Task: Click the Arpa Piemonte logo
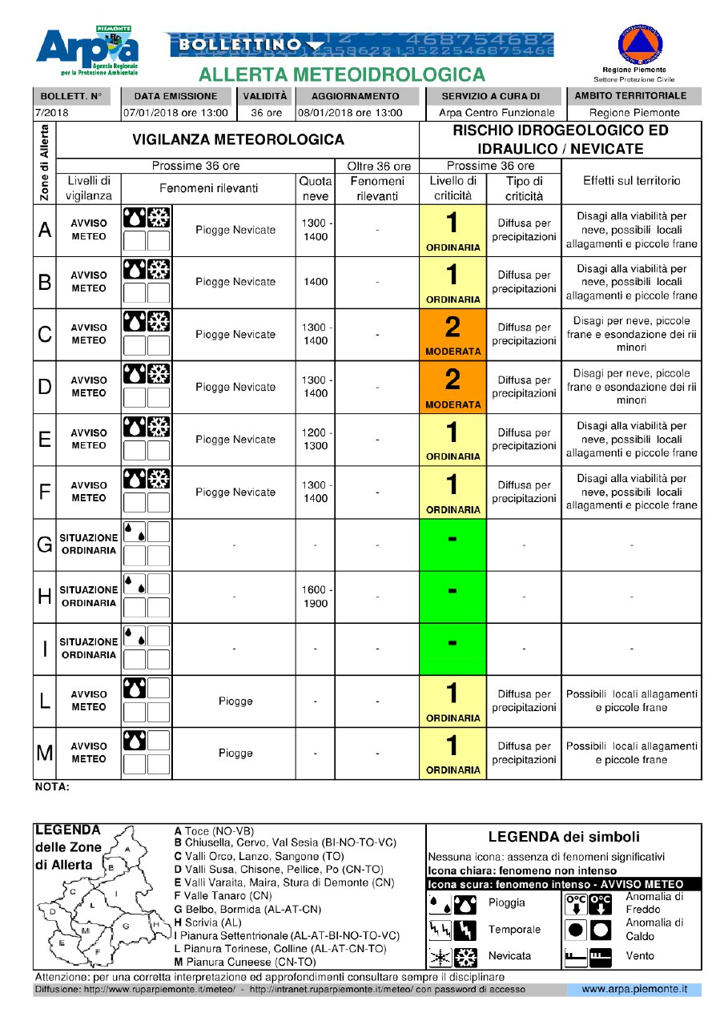click(x=88, y=51)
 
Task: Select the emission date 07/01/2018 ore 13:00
click(x=175, y=113)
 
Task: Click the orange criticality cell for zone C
click(x=452, y=335)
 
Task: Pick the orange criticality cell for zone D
click(x=452, y=387)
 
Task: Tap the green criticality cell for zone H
click(x=452, y=597)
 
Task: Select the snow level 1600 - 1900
click(x=314, y=597)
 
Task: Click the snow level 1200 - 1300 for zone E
click(x=314, y=440)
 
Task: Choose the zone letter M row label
click(x=44, y=753)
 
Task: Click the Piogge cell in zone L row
click(x=235, y=701)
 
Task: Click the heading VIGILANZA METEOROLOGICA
click(x=238, y=140)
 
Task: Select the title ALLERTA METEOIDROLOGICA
click(x=342, y=75)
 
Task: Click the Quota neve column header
click(x=315, y=188)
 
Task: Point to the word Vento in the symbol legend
click(x=640, y=955)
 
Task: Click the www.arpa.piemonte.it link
click(x=634, y=990)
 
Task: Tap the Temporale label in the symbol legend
click(x=514, y=930)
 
